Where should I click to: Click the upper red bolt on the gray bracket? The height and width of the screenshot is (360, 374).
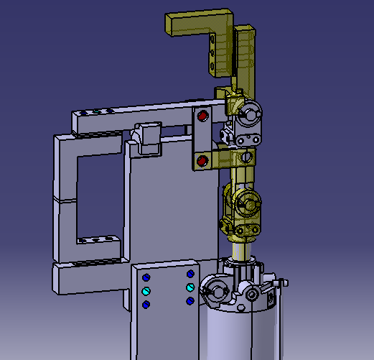point(202,115)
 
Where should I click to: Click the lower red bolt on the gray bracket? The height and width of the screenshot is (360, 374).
point(202,160)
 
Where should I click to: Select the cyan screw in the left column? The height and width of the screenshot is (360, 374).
point(146,291)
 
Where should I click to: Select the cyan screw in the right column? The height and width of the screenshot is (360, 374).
point(190,287)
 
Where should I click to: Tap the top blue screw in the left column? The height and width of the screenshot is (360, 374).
point(146,277)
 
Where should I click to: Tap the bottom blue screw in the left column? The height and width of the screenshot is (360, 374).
point(146,305)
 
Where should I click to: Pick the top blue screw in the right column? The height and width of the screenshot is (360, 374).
point(190,274)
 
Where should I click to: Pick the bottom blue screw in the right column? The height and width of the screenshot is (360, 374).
point(190,301)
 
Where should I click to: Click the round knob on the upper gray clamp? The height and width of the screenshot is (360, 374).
point(251,112)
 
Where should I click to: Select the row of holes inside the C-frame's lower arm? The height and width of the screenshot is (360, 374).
point(96,239)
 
